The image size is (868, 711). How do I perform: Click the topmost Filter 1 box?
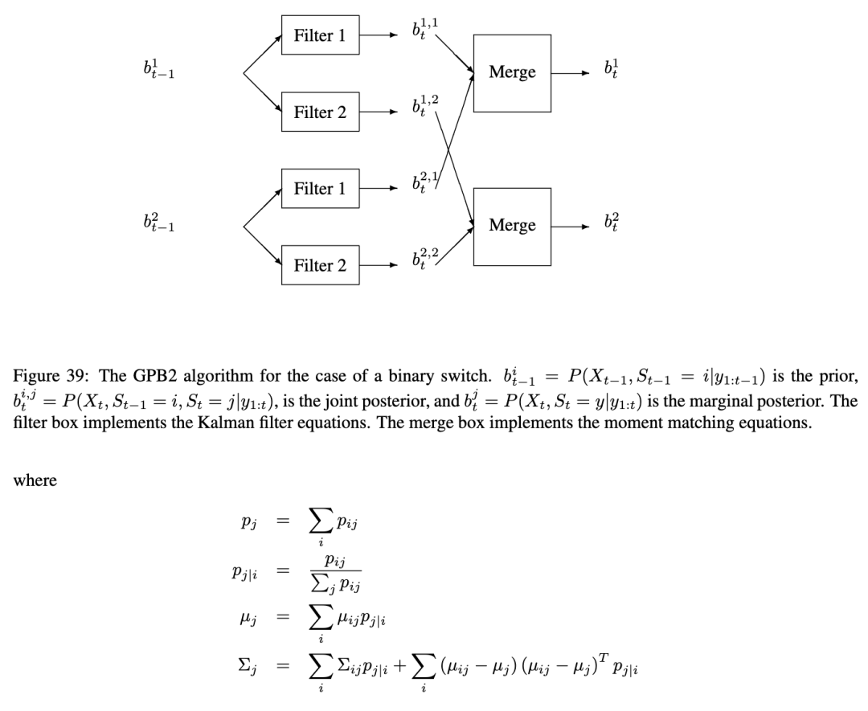(x=320, y=36)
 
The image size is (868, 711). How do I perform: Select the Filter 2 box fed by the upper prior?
(x=320, y=112)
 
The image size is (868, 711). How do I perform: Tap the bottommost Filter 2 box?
(x=320, y=265)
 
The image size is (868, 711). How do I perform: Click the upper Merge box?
(x=512, y=73)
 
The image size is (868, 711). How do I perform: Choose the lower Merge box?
(x=512, y=226)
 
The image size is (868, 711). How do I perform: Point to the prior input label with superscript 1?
(x=159, y=72)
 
